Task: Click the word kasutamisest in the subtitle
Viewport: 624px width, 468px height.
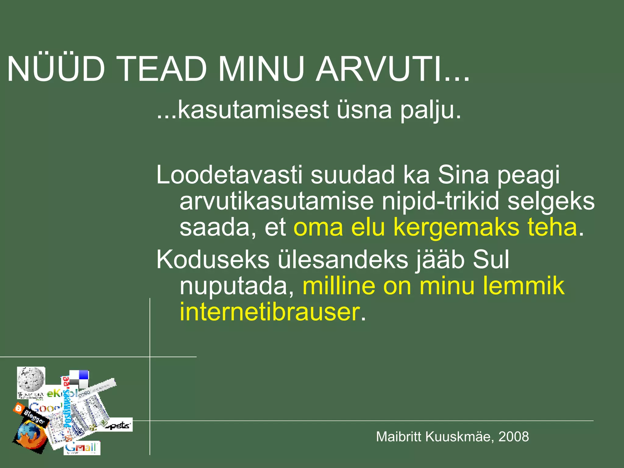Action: tap(253, 110)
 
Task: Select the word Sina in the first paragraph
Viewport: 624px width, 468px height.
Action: tap(463, 175)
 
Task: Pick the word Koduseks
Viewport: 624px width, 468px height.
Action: tap(213, 260)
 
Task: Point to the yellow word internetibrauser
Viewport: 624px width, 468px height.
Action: tap(270, 312)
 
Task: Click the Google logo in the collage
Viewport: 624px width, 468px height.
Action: tap(46, 407)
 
